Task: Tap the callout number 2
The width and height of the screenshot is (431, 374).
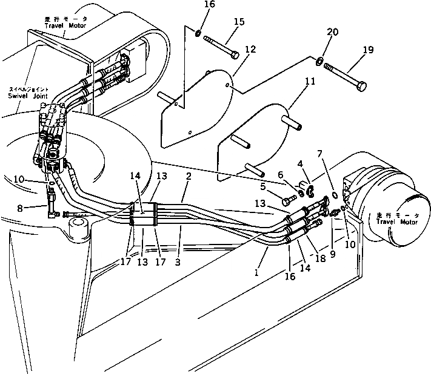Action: coord(189,177)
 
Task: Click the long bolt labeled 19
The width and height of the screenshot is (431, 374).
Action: coord(345,76)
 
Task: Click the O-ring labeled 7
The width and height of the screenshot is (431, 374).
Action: coord(335,195)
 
